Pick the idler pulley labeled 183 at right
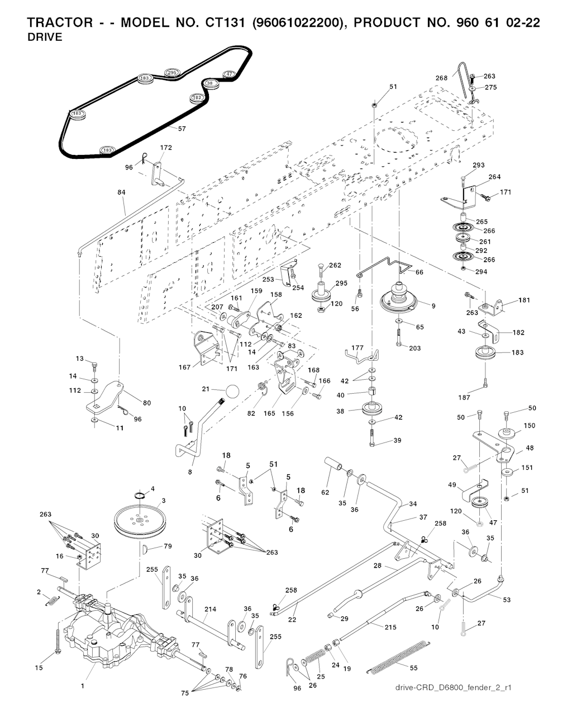click(485, 355)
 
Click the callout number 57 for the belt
click(182, 129)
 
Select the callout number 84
click(121, 192)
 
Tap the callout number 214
click(210, 609)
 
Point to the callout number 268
click(441, 78)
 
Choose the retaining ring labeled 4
click(141, 495)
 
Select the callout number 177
click(357, 347)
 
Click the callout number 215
click(390, 627)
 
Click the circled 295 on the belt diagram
click(171, 73)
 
